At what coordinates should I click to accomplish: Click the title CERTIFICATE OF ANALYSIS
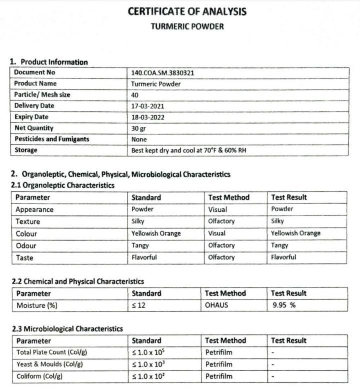[x=187, y=11]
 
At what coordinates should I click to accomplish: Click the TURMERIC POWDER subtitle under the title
[x=187, y=26]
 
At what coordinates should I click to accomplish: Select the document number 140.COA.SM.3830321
[x=162, y=72]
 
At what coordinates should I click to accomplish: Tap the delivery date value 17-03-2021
[x=147, y=106]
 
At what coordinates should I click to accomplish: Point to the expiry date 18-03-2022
[x=147, y=117]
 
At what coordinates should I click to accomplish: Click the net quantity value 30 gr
[x=138, y=128]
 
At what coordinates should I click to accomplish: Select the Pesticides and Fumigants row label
[x=51, y=139]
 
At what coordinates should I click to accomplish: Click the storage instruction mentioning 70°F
[x=188, y=150]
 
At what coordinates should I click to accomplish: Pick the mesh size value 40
[x=135, y=95]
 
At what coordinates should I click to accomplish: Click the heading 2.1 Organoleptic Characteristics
[x=62, y=185]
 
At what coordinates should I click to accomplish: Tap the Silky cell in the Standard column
[x=138, y=221]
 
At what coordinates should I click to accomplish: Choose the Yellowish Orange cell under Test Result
[x=295, y=233]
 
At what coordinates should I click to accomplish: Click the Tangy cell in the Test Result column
[x=279, y=245]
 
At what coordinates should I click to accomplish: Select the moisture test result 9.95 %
[x=284, y=305]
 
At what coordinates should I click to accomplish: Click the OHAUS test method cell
[x=216, y=305]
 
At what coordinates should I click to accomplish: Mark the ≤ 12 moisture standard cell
[x=138, y=305]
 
